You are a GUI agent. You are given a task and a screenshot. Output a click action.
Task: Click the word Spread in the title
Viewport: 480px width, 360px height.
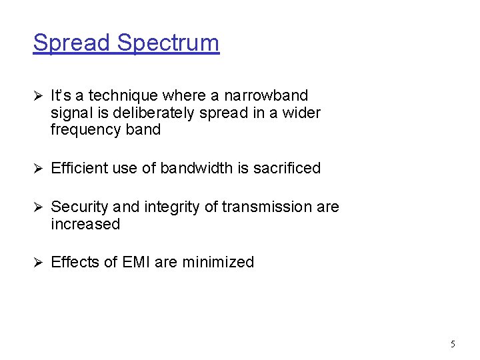(72, 43)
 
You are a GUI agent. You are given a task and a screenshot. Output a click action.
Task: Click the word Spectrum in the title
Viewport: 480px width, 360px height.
(168, 43)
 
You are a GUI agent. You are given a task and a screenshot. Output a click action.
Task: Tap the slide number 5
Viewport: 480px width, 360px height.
(453, 345)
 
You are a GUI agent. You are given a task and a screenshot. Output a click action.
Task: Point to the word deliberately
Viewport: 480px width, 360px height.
(148, 113)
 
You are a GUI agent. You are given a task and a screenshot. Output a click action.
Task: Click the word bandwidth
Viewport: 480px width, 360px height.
(194, 169)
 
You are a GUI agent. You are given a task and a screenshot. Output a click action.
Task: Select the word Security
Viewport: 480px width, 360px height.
(78, 207)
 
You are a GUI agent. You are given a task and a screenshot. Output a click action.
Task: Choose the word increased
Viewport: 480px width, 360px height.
(85, 225)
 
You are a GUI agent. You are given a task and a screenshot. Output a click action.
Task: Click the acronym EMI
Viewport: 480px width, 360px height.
(137, 263)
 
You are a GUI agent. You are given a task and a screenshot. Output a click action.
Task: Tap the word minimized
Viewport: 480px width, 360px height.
(223, 263)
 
